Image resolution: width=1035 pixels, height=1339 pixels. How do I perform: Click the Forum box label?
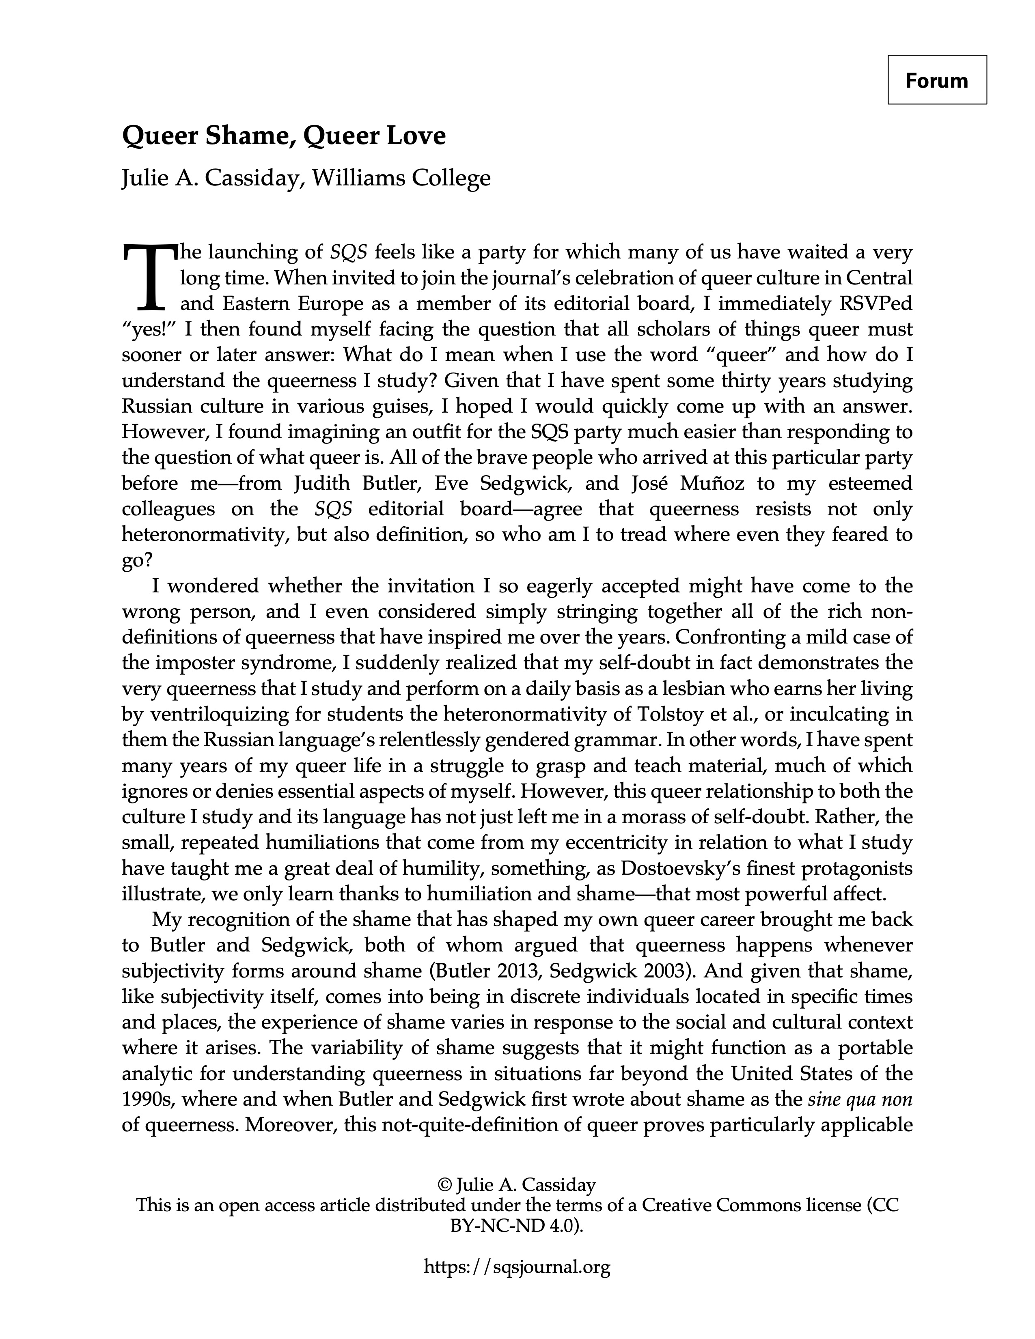[936, 80]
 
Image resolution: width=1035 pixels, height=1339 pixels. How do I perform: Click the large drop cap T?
[149, 277]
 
